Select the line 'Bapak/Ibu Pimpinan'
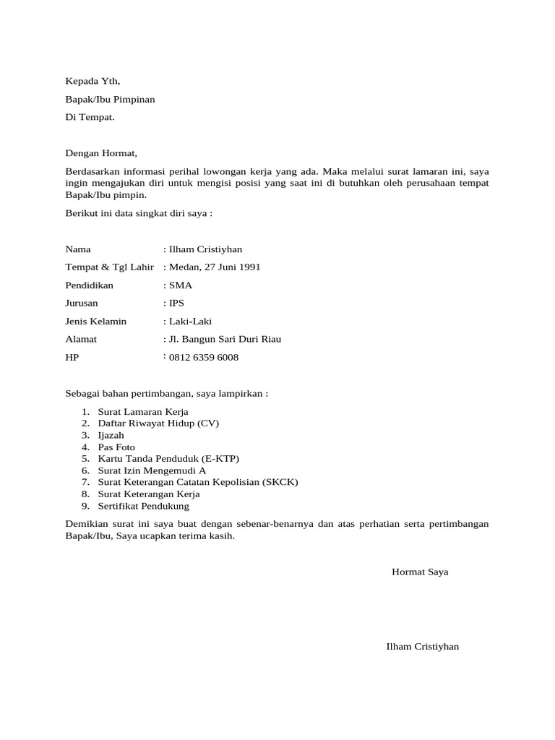(x=110, y=99)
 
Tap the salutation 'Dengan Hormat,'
(x=100, y=153)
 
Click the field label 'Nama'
(x=78, y=249)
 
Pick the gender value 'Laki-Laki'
(x=190, y=322)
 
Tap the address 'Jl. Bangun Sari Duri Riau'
(x=224, y=340)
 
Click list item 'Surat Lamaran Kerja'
(x=143, y=412)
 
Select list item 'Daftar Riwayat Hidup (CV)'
(x=158, y=423)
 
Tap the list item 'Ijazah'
(x=111, y=436)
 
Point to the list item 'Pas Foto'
(x=116, y=447)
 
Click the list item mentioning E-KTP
(x=168, y=459)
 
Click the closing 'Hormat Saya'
(x=420, y=572)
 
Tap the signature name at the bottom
(x=423, y=647)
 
